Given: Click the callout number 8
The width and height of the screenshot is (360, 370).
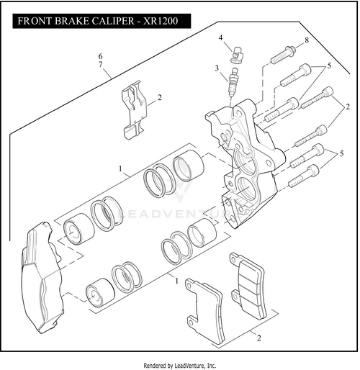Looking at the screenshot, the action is click(x=307, y=40).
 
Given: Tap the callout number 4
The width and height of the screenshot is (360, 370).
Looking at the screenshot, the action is click(x=220, y=37).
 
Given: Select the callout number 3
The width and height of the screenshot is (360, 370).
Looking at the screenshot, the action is click(x=217, y=68).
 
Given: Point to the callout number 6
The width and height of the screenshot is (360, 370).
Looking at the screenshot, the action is click(x=100, y=56).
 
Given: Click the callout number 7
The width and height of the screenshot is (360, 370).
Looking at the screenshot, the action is click(x=100, y=64).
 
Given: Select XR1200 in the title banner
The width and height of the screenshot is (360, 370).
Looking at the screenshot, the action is click(x=161, y=21).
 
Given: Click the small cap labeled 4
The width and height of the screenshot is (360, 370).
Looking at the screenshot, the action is click(x=237, y=55).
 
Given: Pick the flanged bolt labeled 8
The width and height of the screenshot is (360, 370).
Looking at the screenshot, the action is click(x=284, y=55).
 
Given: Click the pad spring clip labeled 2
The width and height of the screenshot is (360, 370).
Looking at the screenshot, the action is click(x=135, y=110).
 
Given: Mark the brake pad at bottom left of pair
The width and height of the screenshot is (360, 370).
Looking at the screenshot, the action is click(x=204, y=311).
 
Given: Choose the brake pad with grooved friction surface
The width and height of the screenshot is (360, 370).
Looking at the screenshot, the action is click(x=248, y=286).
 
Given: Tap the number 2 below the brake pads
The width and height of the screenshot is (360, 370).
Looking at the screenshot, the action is click(x=258, y=338).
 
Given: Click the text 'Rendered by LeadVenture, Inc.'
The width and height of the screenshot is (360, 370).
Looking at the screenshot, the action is click(x=180, y=366).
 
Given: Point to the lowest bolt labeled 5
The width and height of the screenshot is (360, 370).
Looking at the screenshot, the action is click(x=304, y=176).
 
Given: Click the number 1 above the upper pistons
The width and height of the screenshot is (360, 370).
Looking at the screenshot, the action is click(x=120, y=168).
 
